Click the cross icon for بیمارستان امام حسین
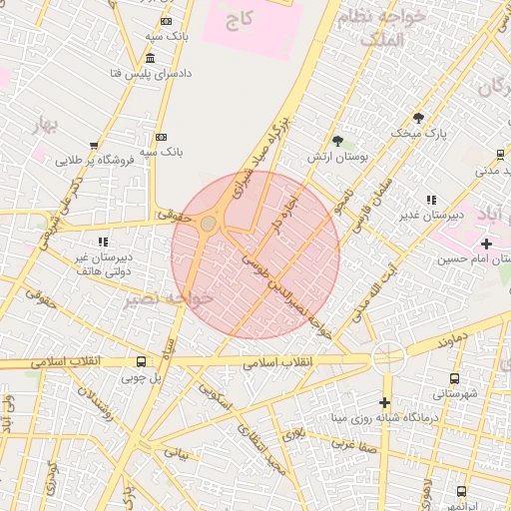coord(486,244)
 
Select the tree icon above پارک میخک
coord(418,117)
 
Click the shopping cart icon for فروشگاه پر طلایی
coord(95,145)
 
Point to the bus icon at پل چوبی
coord(140,361)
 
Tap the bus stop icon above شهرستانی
coord(455,378)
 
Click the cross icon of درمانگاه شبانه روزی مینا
coord(384,401)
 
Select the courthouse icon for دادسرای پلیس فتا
coord(150,58)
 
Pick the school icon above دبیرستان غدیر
coord(431,200)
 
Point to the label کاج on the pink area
coord(240,19)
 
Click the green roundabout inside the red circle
coord(209,225)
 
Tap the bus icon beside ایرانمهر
coord(461,491)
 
